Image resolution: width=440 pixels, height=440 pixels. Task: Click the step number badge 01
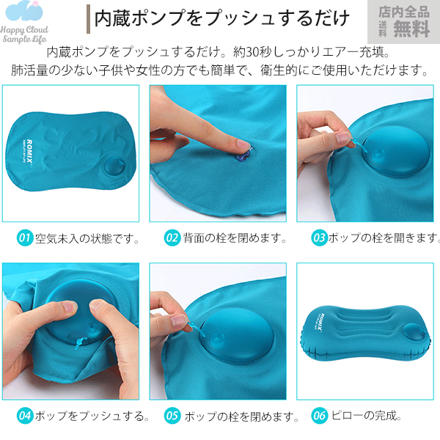coord(25,238)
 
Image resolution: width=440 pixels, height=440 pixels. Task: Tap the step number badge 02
coord(172,238)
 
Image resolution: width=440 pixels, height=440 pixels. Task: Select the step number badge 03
coord(319,238)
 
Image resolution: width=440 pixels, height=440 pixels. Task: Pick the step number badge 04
coord(25,416)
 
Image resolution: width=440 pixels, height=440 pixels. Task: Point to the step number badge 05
coord(172,416)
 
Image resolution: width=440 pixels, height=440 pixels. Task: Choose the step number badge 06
coord(319,416)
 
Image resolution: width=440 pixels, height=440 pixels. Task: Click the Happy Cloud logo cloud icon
coord(24,11)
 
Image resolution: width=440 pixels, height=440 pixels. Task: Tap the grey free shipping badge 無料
coord(411,29)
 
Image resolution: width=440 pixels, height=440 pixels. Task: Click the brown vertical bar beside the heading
coord(89,19)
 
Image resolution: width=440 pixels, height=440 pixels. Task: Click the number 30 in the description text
coord(252,53)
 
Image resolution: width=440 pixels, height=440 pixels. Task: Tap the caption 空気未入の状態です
coord(87,238)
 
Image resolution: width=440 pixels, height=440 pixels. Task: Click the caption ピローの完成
coord(367,416)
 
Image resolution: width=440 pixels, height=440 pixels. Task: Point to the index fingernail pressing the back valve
coord(243,144)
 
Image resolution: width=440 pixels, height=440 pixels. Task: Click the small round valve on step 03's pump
coord(378,154)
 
